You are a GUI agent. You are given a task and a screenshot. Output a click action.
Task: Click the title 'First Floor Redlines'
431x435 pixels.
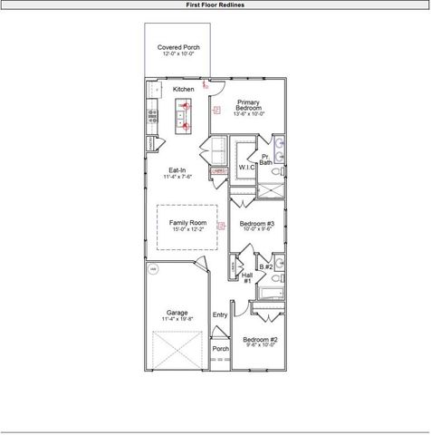(x=215, y=5)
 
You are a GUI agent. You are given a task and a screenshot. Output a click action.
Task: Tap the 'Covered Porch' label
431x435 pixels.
(x=178, y=46)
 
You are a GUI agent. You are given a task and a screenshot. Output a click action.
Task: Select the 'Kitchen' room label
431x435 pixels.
(x=184, y=90)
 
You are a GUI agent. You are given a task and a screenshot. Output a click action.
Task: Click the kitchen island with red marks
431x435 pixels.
(x=184, y=116)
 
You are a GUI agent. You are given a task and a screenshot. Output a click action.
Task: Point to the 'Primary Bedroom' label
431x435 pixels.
(x=248, y=105)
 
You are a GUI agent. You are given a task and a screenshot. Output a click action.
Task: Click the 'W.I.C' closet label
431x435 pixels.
(x=246, y=168)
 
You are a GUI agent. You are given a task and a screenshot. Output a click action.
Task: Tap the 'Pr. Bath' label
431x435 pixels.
(x=266, y=160)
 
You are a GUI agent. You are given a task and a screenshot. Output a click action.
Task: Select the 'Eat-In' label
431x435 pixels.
(x=177, y=170)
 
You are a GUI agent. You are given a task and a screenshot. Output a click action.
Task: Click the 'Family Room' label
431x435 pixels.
(x=187, y=222)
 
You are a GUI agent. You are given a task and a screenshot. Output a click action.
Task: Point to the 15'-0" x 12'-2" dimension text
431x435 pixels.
(x=187, y=230)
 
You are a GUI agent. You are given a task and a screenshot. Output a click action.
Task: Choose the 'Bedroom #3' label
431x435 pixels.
(x=256, y=224)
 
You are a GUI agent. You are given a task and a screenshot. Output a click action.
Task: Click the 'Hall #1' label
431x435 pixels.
(x=246, y=277)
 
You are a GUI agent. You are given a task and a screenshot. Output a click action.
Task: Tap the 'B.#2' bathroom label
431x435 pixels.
(x=265, y=266)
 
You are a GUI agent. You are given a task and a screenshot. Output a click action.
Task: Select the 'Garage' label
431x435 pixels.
(x=177, y=313)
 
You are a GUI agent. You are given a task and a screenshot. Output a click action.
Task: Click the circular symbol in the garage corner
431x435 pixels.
(x=153, y=269)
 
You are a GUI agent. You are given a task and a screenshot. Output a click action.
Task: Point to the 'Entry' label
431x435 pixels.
(x=219, y=315)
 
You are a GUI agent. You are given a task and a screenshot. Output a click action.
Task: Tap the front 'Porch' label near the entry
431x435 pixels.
(x=219, y=349)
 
